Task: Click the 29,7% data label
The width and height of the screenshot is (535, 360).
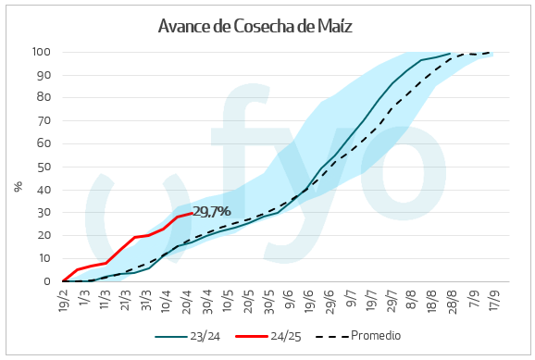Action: click(211, 211)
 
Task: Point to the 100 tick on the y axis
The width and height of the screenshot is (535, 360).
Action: click(42, 52)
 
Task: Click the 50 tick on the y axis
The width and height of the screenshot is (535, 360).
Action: click(44, 167)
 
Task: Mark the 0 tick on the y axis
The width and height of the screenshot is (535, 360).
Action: click(47, 281)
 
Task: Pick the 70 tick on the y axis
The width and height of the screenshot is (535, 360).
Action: click(44, 120)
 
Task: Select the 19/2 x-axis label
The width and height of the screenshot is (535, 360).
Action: click(63, 300)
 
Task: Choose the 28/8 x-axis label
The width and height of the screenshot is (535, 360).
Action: click(449, 300)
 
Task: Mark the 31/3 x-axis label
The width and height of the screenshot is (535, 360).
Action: click(146, 300)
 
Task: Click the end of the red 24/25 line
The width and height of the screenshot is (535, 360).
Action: click(192, 213)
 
